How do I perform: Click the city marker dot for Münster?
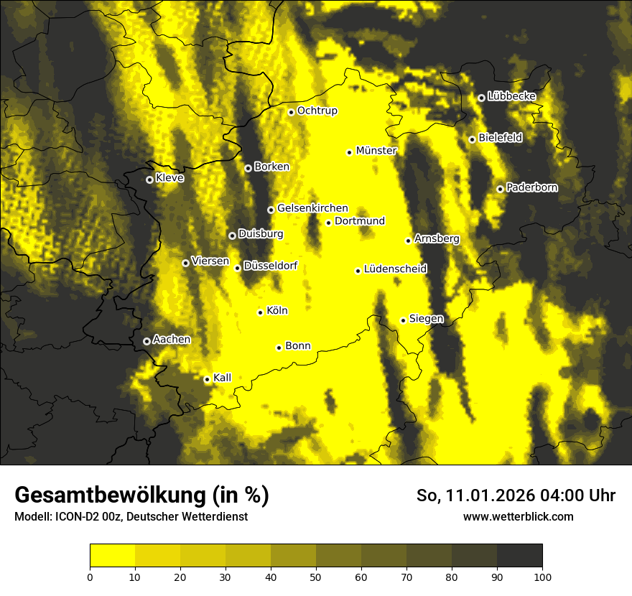(350, 152)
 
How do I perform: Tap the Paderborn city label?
(531, 187)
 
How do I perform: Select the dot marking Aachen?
(147, 342)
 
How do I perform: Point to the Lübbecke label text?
(511, 96)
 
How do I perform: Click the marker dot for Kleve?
(149, 180)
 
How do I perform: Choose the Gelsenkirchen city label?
(312, 208)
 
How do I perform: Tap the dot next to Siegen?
(403, 320)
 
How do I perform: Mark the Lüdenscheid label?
(395, 269)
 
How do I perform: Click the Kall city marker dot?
(207, 379)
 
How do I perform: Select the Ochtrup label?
(317, 111)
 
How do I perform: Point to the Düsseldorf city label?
(270, 266)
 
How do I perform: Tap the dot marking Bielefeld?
(472, 139)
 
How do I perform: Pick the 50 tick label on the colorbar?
(316, 576)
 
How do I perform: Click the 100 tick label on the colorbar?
(542, 576)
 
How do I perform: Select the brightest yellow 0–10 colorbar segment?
(112, 555)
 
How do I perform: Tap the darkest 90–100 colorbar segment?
(519, 555)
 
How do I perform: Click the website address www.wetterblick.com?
(518, 516)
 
